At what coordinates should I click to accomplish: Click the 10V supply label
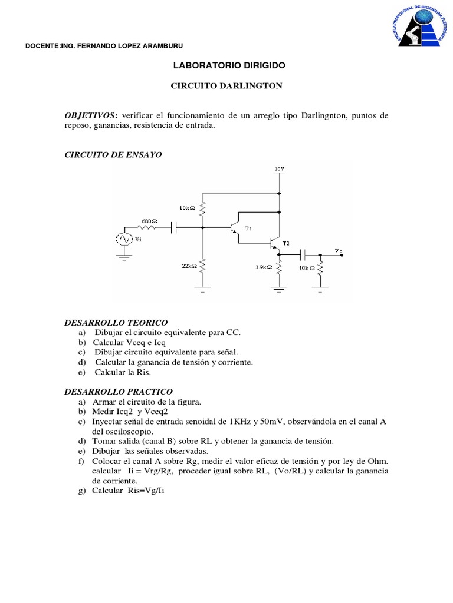(280, 170)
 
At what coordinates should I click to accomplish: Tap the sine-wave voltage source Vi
(125, 240)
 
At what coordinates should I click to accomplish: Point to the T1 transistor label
(248, 229)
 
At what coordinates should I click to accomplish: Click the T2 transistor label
(286, 243)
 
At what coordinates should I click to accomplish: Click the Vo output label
(338, 251)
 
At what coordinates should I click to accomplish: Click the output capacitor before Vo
(303, 254)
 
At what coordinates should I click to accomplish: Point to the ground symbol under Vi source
(125, 257)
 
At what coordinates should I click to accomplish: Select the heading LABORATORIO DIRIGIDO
(226, 66)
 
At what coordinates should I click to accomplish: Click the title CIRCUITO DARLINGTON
(226, 86)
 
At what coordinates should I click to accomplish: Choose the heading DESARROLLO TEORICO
(116, 323)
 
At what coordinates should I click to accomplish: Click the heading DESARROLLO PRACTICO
(118, 392)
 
